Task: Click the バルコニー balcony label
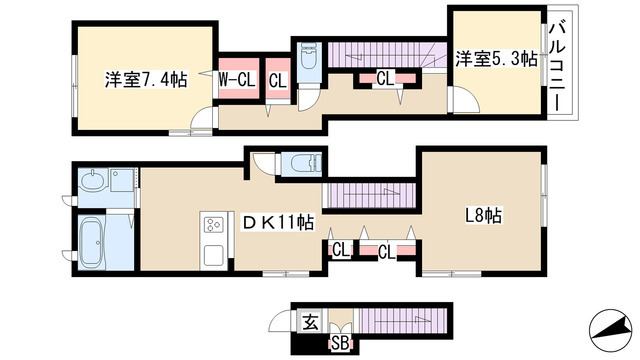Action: coord(560,64)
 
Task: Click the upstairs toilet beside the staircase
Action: coord(307,58)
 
